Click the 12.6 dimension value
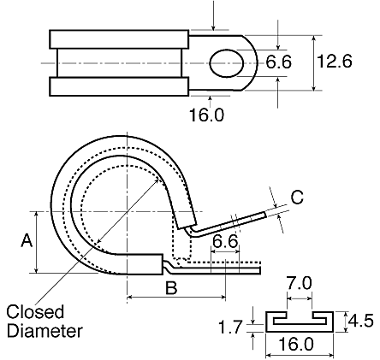click(x=335, y=62)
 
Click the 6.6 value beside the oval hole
click(x=278, y=62)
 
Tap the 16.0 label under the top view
click(x=206, y=115)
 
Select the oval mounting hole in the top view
click(x=227, y=63)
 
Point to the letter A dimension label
click(x=27, y=240)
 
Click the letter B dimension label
click(x=171, y=287)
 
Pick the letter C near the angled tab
click(x=297, y=197)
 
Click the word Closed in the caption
click(x=35, y=312)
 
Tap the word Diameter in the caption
click(x=45, y=331)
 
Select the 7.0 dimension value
click(x=300, y=283)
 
